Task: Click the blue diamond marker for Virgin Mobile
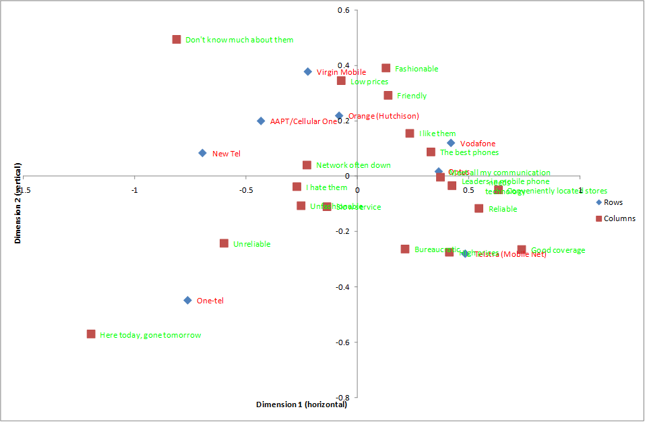click(x=308, y=71)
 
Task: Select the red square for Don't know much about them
click(x=177, y=40)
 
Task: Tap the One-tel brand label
click(x=210, y=301)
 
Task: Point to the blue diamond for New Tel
click(x=202, y=153)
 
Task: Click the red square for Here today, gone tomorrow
click(x=91, y=334)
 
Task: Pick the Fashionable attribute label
click(x=416, y=69)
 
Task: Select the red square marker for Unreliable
click(x=224, y=243)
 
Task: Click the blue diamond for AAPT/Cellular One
click(x=261, y=121)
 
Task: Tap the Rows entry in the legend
click(x=613, y=202)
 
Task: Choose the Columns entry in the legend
click(x=619, y=218)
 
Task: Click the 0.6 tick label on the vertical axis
click(x=343, y=11)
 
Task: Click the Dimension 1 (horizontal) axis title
click(x=301, y=404)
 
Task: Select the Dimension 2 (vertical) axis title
click(x=18, y=202)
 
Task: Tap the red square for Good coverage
click(x=522, y=250)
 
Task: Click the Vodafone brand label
click(x=477, y=144)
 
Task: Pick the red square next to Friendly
click(x=388, y=96)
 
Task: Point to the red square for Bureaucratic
click(x=405, y=249)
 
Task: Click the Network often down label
click(x=353, y=165)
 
